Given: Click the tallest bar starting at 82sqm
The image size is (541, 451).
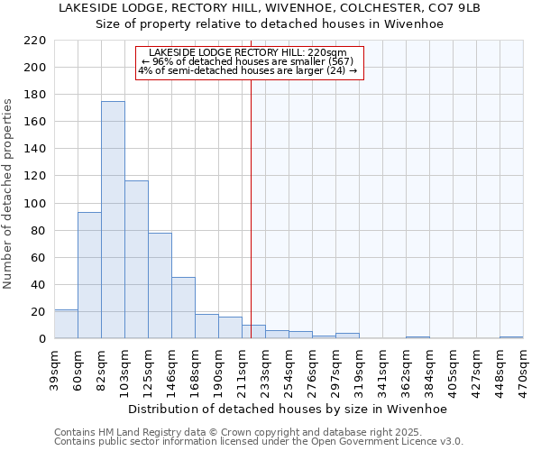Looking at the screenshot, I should (x=113, y=220).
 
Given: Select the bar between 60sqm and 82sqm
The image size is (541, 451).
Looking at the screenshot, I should (x=89, y=275).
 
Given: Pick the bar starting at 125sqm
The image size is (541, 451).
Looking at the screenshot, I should (x=160, y=286).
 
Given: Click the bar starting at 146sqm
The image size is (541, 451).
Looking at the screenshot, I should (x=183, y=308).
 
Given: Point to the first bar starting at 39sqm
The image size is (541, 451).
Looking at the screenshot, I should (x=66, y=324).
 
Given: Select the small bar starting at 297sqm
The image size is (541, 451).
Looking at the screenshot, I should (x=347, y=336).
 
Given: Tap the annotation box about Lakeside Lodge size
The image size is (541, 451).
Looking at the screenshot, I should (x=248, y=62).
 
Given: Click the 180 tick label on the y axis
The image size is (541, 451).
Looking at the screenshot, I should (x=35, y=95).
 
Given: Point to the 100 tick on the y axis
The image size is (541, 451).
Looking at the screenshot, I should (x=35, y=203).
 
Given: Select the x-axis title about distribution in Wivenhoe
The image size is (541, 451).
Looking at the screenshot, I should (x=288, y=409).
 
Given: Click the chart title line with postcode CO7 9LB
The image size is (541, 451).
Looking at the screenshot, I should (x=270, y=8).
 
